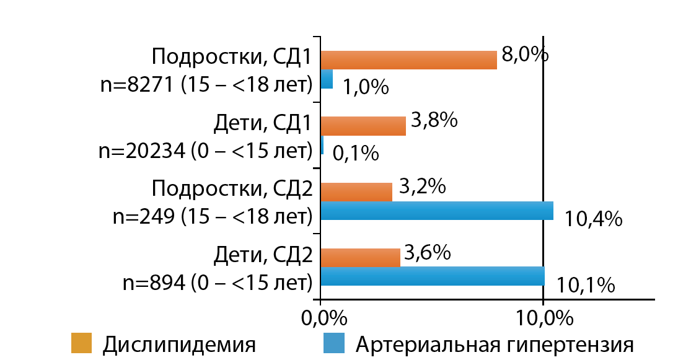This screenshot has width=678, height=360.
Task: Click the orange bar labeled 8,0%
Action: tap(409, 59)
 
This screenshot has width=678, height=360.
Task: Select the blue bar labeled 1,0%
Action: tap(327, 79)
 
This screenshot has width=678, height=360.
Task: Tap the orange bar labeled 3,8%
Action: tap(363, 126)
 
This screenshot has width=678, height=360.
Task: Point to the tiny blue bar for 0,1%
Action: tap(322, 146)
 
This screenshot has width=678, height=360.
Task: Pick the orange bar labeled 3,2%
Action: tap(356, 192)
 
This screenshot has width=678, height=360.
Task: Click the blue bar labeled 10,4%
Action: tap(437, 211)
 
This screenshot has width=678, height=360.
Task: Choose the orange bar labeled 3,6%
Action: tap(360, 258)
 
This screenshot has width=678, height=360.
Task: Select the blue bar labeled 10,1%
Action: tap(433, 276)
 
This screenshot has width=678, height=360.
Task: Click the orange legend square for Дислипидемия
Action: tap(81, 343)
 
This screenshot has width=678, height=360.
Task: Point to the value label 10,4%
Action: tap(593, 219)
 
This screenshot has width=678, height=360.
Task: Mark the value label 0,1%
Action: tap(356, 153)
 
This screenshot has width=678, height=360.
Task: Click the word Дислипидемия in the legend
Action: tap(179, 345)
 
